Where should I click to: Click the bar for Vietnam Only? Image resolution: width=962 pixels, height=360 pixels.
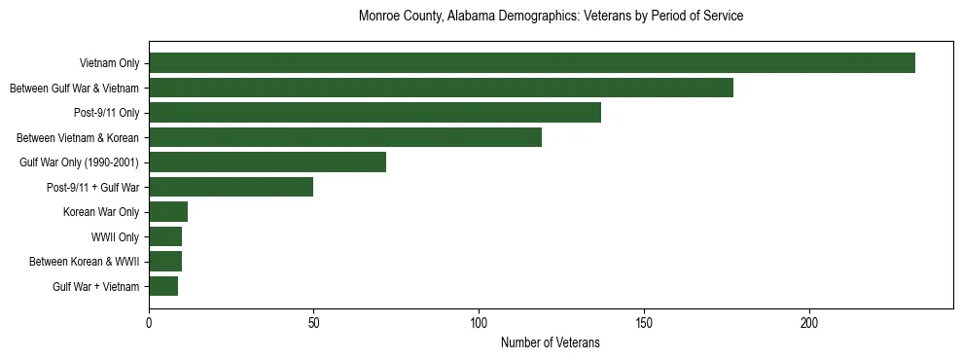532,63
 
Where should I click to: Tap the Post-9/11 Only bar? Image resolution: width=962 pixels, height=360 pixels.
374,113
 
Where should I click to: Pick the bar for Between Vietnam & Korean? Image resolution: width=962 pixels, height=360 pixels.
345,137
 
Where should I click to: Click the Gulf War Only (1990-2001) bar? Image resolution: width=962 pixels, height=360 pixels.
267,162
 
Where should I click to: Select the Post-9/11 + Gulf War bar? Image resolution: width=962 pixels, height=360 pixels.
231,187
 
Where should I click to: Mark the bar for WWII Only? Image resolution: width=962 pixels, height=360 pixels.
165,236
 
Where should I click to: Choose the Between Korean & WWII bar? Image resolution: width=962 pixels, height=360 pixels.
165,262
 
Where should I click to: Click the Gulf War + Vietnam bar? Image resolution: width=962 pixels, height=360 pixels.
163,286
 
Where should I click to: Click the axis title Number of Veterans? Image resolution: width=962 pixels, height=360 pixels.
551,343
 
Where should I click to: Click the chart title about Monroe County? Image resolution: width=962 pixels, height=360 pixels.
551,17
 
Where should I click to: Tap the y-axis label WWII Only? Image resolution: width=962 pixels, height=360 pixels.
115,236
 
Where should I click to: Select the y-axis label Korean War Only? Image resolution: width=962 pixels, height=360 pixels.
101,212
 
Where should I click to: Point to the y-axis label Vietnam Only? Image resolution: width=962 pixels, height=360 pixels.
109,63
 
